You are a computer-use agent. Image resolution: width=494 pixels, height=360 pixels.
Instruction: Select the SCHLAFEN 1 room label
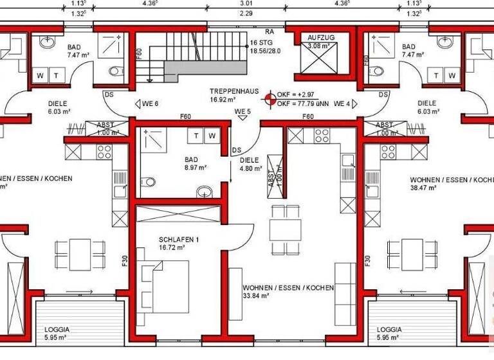[x=178, y=239]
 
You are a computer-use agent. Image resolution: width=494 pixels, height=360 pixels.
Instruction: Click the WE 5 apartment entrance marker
[x=242, y=112]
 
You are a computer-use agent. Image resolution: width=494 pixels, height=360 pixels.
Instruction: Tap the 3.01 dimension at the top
[x=246, y=3]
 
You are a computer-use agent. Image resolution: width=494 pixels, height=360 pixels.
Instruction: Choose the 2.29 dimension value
[x=246, y=12]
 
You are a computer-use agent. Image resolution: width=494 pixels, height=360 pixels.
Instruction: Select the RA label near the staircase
[x=270, y=30]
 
